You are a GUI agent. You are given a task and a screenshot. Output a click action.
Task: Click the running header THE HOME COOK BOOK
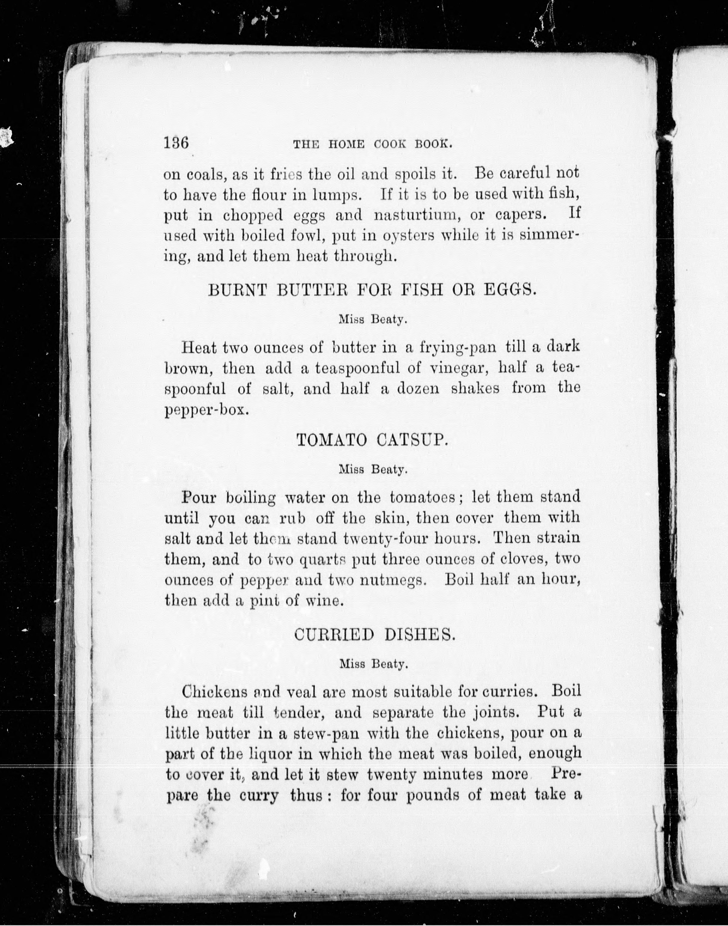(372, 144)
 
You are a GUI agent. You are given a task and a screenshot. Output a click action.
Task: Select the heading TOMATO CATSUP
(372, 440)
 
